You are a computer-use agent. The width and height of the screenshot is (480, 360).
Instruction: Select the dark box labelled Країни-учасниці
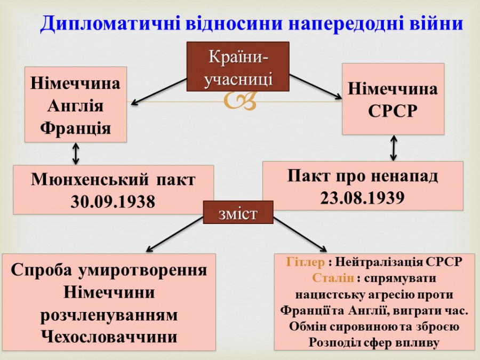point(238,67)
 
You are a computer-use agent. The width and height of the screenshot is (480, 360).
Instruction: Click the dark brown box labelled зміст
point(238,212)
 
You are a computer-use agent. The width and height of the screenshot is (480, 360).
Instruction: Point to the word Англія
point(75,106)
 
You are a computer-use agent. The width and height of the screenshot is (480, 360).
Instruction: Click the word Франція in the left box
point(75,128)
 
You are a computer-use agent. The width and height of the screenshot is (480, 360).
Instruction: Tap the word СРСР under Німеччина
point(393,111)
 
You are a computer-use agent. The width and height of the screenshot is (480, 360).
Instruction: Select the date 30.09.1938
point(113,202)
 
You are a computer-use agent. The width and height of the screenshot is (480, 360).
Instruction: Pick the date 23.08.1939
point(363,198)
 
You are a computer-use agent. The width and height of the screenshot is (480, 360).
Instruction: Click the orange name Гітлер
point(305,262)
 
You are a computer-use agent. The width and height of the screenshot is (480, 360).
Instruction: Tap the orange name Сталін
point(333,278)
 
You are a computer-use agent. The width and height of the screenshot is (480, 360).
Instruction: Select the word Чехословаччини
point(109,337)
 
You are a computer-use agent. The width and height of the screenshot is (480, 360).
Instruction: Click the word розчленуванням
point(109,315)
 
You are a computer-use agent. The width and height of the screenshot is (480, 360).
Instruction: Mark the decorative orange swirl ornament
point(239,101)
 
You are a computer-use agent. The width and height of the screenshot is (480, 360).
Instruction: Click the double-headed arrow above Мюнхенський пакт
point(75,154)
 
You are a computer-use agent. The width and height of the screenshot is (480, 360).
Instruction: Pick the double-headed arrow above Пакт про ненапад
point(394,148)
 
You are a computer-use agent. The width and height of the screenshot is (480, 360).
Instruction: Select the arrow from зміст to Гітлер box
point(300,235)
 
